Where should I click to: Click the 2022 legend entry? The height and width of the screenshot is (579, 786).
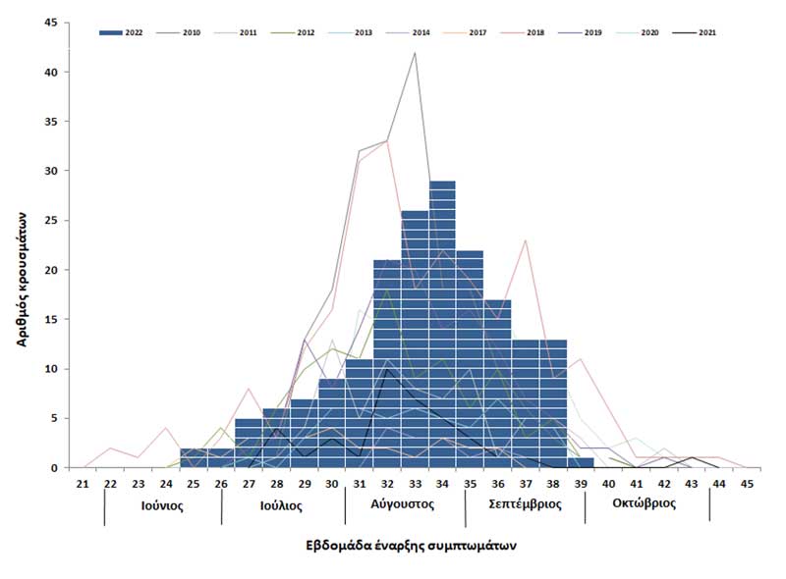[x=123, y=32]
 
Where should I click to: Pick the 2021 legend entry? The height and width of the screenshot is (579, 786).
[x=693, y=32]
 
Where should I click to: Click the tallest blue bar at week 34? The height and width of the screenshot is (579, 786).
[x=442, y=324]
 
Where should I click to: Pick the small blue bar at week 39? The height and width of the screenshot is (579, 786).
[x=581, y=462]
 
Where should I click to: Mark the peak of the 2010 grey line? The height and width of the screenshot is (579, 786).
[x=415, y=53]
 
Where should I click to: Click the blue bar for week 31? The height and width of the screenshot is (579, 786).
[x=359, y=413]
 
